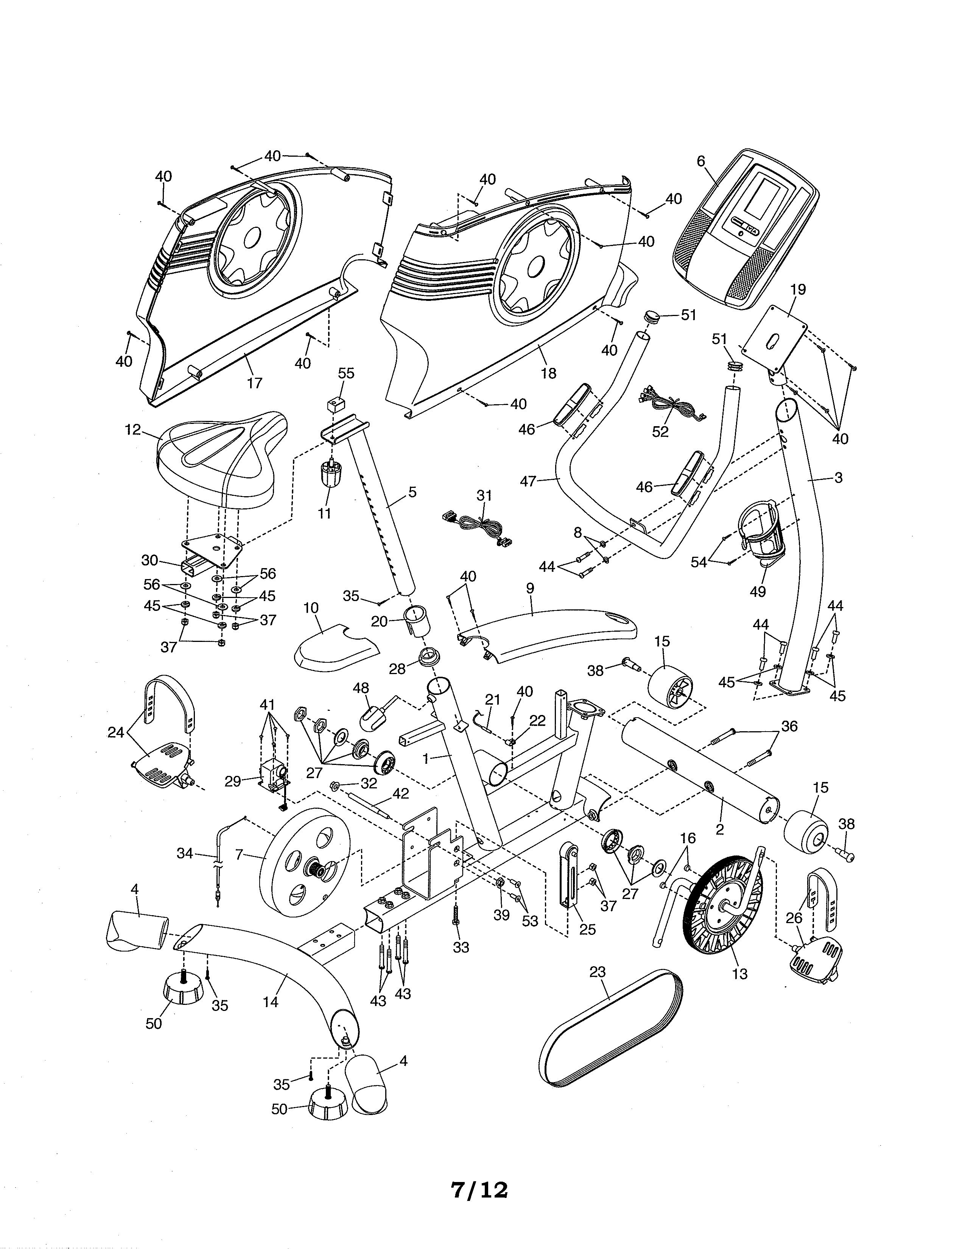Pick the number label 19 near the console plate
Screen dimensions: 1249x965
click(797, 290)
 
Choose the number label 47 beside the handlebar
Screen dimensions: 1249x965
click(528, 481)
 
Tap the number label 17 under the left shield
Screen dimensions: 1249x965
click(254, 383)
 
